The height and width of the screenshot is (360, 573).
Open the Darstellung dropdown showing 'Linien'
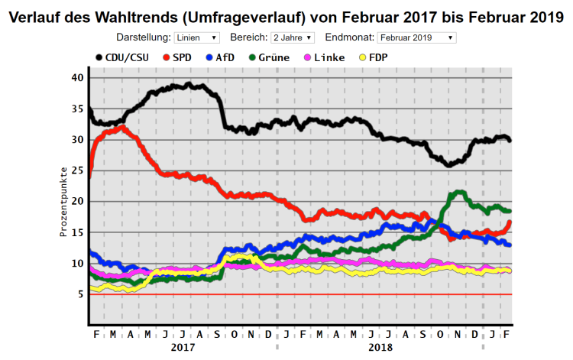pos(196,37)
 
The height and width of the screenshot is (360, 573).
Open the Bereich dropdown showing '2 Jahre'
pos(292,37)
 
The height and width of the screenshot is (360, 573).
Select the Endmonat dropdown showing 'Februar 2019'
pos(416,37)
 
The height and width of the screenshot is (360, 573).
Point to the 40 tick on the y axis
pos(77,77)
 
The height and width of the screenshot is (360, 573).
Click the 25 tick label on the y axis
pos(77,170)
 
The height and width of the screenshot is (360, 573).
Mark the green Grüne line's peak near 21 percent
pos(459,193)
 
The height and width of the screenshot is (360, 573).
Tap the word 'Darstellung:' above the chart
pos(143,37)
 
